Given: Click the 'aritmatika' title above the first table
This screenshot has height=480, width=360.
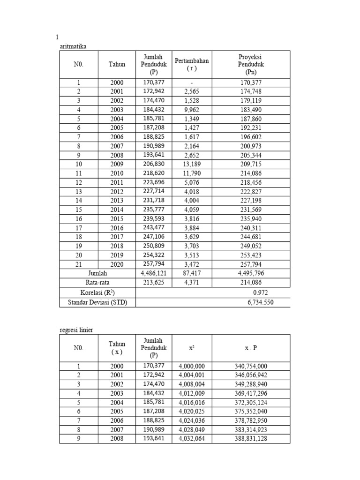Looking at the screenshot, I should pos(73,46).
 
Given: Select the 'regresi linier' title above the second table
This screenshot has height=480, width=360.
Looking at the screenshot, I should pos(76,330).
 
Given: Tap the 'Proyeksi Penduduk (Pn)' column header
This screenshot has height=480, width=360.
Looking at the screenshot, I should pos(251,64).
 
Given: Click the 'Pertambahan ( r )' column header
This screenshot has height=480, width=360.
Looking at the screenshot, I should pos(192,64).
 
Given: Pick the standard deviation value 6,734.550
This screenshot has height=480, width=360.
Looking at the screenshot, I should pos(261,302).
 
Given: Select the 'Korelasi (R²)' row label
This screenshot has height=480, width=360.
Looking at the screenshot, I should pos(97,292).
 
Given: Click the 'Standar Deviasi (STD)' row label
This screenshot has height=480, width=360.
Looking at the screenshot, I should pos(97,302).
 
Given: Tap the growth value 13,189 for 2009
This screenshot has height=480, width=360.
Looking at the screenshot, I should pos(192,164).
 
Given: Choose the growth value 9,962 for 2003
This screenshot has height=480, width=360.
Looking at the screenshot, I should pos(192,110).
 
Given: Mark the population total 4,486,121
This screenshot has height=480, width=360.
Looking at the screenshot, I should pos(154,273).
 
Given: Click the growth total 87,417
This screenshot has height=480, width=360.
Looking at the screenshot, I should pos(192,273).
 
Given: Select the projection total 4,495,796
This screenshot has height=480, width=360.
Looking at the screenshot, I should pos(251,273).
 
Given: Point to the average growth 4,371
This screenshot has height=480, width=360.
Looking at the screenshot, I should pos(192,283).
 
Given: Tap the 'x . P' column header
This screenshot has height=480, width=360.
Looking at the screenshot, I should pos(251,348).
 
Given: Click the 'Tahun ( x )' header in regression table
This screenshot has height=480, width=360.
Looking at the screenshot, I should pos(117,348).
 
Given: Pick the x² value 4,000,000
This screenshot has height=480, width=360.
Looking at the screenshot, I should pos(192,366).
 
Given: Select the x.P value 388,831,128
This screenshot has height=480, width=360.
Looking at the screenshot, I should pos(251,439).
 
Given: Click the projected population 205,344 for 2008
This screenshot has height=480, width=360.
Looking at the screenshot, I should pos(251,155).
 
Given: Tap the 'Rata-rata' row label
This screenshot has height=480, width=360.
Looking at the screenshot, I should pos(97,283).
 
